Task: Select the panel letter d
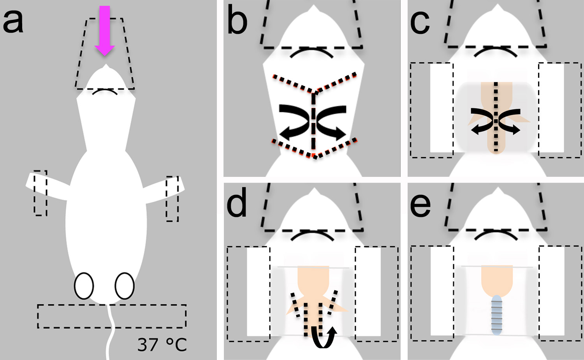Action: tap(237, 203)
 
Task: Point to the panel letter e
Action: tap(420, 206)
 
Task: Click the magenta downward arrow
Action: tap(105, 30)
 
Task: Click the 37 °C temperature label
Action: tap(162, 344)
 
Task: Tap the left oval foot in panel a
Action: tap(84, 286)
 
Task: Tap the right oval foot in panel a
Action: tap(125, 286)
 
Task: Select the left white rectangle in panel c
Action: tap(442, 108)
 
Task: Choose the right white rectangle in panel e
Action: tap(551, 291)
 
